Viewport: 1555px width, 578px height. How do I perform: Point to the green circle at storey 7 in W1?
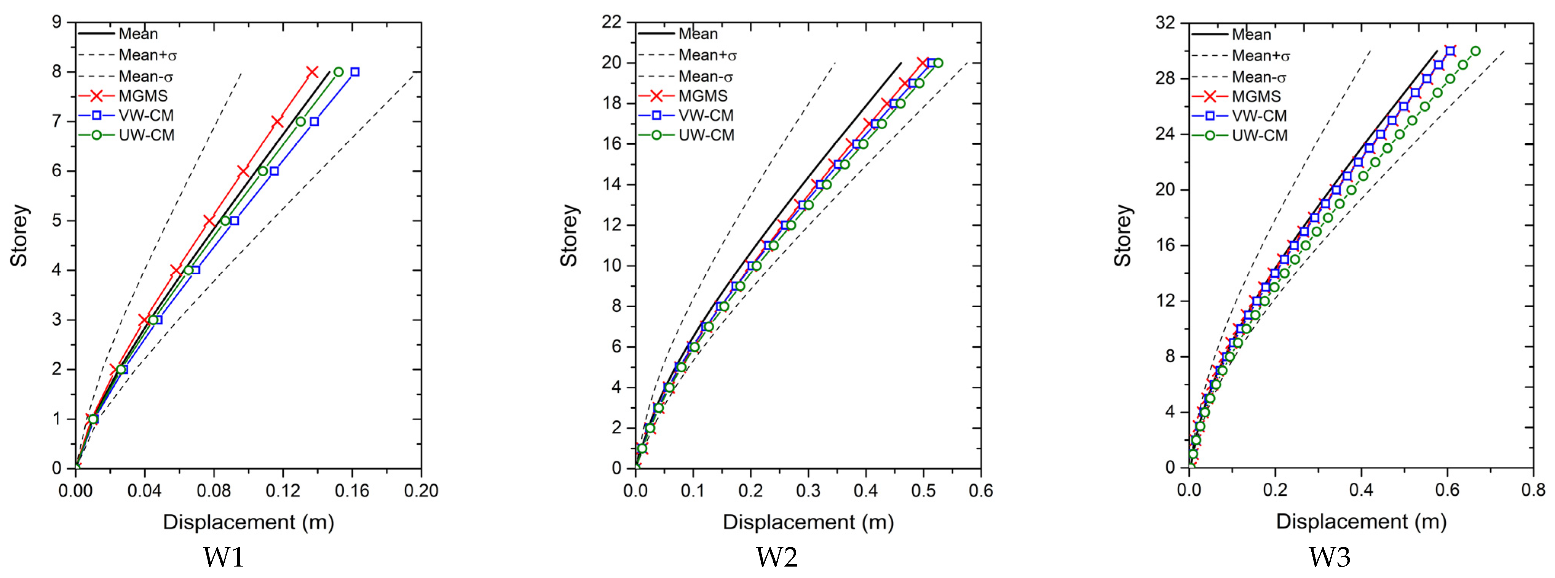301,122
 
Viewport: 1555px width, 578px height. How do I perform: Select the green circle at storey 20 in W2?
938,63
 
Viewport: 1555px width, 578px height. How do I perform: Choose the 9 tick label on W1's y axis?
57,22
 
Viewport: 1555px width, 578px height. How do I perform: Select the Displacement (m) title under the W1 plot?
248,522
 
